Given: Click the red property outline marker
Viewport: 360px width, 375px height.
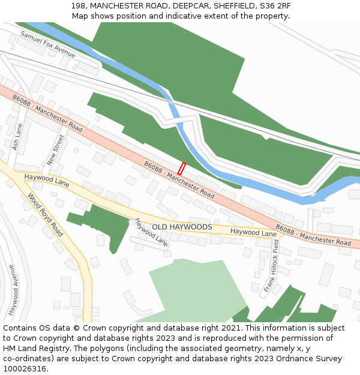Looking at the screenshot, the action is [x=181, y=169].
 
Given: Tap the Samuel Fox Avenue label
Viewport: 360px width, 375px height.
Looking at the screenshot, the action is [x=48, y=44].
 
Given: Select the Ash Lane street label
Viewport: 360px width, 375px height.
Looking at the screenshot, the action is [x=17, y=137].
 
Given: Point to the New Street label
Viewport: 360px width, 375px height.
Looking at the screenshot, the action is [x=55, y=149].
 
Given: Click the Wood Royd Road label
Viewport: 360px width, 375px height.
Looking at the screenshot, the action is [x=45, y=214].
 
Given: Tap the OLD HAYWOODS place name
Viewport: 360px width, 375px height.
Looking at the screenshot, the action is [x=182, y=227].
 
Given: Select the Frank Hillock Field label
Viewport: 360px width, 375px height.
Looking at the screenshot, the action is [x=272, y=265].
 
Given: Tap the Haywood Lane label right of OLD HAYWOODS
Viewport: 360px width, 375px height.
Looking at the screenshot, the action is [x=253, y=232].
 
